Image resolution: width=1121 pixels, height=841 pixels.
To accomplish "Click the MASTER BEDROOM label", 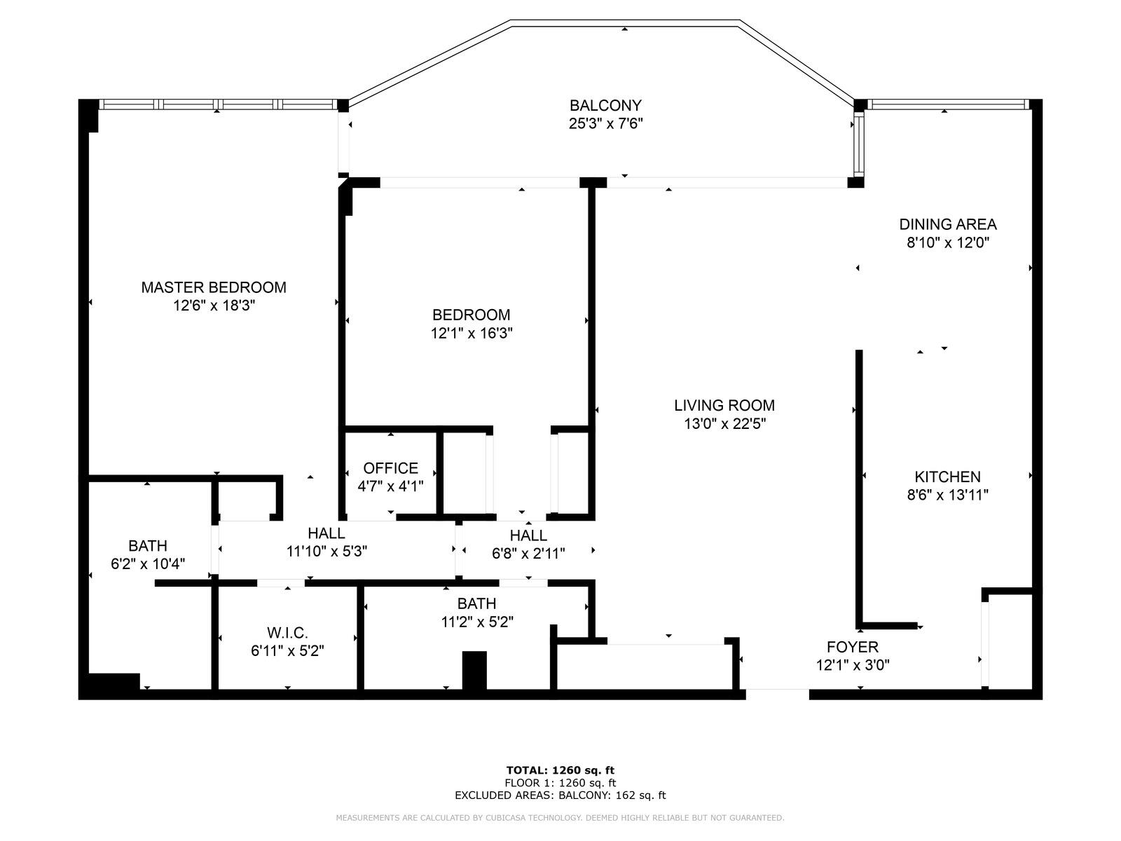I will coord(214,287).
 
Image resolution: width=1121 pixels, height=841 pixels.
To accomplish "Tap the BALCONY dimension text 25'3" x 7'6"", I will coord(605,124).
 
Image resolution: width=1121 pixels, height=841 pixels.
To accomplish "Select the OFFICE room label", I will coord(390,468).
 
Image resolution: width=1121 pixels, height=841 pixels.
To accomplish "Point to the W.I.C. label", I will coord(287,632).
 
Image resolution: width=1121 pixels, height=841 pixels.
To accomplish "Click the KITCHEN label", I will coord(947,477).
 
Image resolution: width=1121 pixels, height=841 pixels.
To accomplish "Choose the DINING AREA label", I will coord(947,224).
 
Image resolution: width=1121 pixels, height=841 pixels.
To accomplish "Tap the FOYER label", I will coord(852,647).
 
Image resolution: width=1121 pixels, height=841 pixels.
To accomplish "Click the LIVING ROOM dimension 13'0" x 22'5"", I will coord(724,423).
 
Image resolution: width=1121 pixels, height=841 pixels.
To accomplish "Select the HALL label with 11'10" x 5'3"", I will coord(326,534).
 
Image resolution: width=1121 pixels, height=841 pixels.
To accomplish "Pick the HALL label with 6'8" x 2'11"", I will coord(528,535).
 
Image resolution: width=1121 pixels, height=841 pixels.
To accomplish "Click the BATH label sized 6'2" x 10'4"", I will coord(148,545).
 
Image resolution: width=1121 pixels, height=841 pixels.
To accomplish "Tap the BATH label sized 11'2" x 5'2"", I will coord(476,603).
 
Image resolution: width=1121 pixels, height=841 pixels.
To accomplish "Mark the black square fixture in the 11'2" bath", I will coord(474,671).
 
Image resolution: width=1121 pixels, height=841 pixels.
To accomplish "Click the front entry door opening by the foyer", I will coord(777,694).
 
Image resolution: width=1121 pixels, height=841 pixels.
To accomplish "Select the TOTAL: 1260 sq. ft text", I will coord(560,770).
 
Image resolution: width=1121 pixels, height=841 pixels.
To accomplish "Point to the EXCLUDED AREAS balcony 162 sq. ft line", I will coord(560,795).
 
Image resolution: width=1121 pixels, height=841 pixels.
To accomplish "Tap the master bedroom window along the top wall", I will coord(217,104).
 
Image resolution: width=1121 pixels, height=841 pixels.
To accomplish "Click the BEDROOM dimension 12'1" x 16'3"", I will coord(472,334).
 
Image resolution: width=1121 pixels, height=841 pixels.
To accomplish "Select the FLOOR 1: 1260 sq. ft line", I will coord(560,783).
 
